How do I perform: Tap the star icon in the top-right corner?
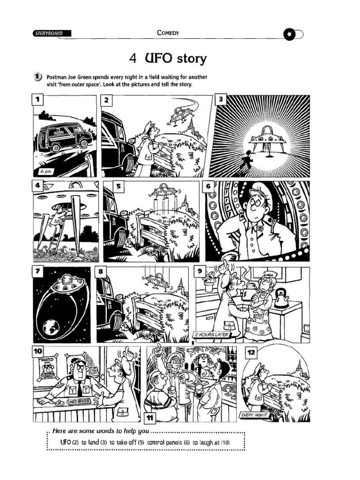click(290, 34)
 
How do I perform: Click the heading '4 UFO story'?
click(167, 59)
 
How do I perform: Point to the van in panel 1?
click(65, 137)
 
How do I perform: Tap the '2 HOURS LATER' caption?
click(211, 335)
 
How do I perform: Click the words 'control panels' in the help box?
click(166, 442)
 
